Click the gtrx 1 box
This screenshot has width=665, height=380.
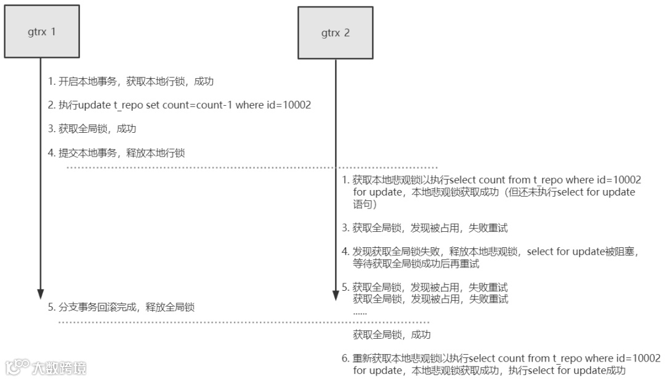point(41,32)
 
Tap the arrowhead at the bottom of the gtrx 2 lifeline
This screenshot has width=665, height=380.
point(336,294)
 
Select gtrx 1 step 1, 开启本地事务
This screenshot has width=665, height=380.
point(131,81)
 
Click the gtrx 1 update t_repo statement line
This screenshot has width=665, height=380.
point(180,105)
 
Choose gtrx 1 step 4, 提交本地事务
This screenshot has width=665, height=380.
point(116,153)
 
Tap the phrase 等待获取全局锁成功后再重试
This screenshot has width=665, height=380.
point(416,264)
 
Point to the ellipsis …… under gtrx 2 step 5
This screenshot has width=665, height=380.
point(360,312)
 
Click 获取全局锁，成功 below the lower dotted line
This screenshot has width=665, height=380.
point(392,335)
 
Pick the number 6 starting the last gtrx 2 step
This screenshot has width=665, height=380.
point(345,358)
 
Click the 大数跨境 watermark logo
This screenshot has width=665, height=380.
point(46,368)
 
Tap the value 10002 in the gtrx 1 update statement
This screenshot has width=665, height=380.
point(297,105)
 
